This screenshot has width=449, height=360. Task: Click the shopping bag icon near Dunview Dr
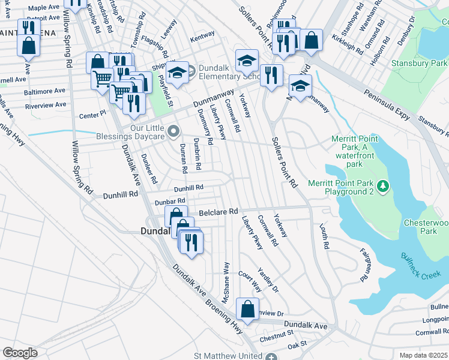tap(247, 310)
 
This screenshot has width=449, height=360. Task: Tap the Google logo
tap(20, 352)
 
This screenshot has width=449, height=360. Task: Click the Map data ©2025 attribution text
tap(423, 355)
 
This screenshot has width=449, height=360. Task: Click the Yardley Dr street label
tap(268, 280)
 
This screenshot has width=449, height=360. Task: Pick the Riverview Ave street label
tap(46, 105)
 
